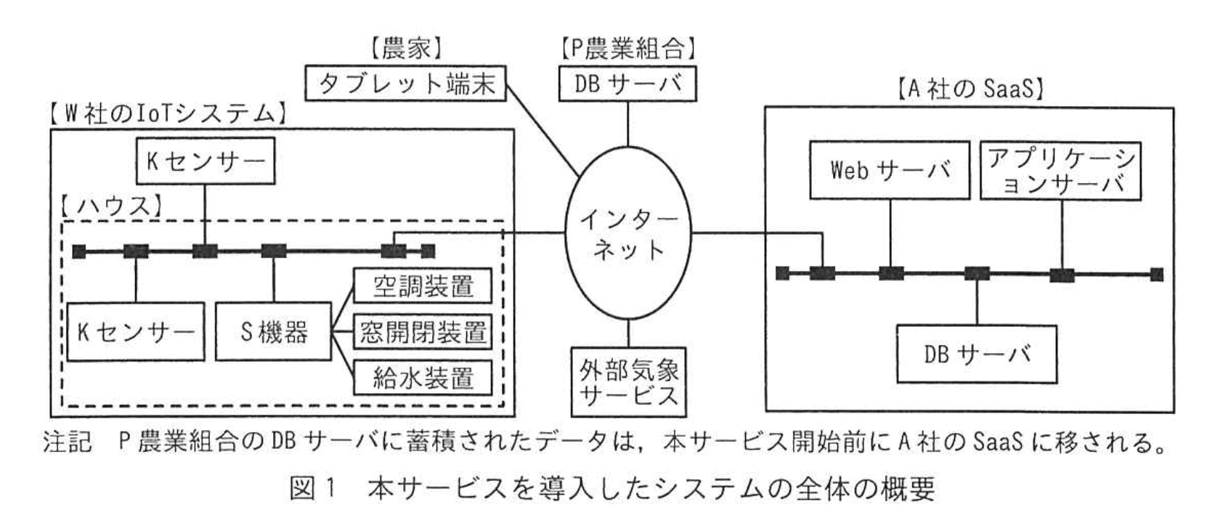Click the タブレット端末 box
pyautogui.click(x=405, y=84)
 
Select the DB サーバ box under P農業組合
pyautogui.click(x=627, y=84)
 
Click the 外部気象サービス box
pyautogui.click(x=628, y=381)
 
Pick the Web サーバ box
pyautogui.click(x=890, y=171)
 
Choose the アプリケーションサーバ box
pyautogui.click(x=1061, y=171)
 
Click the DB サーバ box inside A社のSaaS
pyautogui.click(x=977, y=355)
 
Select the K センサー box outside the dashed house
pyautogui.click(x=206, y=161)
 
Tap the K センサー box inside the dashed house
pyautogui.click(x=136, y=332)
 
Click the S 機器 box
pyautogui.click(x=274, y=332)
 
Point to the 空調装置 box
pyautogui.click(x=423, y=286)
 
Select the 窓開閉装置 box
pyautogui.click(x=423, y=332)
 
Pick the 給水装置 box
pyautogui.click(x=423, y=378)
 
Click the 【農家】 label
pyautogui.click(x=405, y=49)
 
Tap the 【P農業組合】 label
pyautogui.click(x=627, y=49)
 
